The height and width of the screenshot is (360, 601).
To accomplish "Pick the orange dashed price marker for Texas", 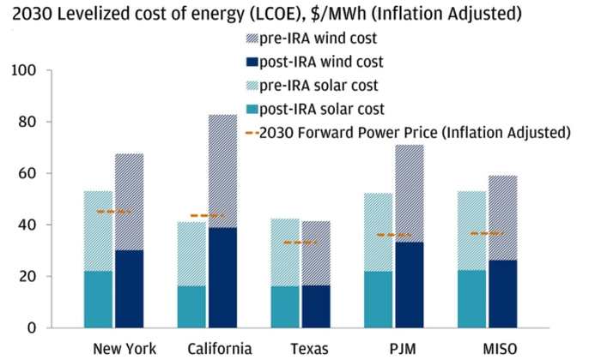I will click(x=300, y=243).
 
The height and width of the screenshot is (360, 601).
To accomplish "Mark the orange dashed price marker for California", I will click(x=206, y=215).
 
